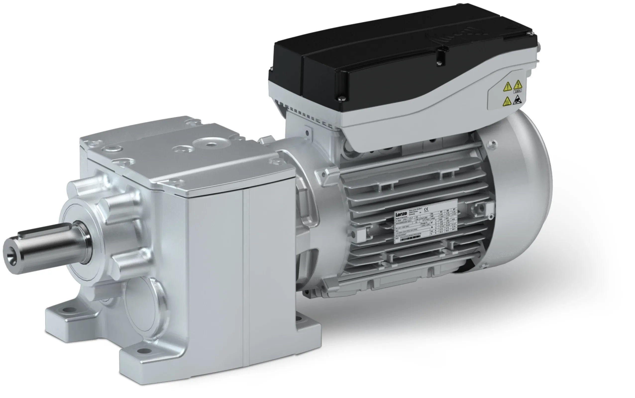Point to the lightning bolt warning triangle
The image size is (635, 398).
518,85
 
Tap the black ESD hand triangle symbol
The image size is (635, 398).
516,100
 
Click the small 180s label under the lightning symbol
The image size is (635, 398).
518,91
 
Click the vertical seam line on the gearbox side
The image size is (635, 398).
245,276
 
